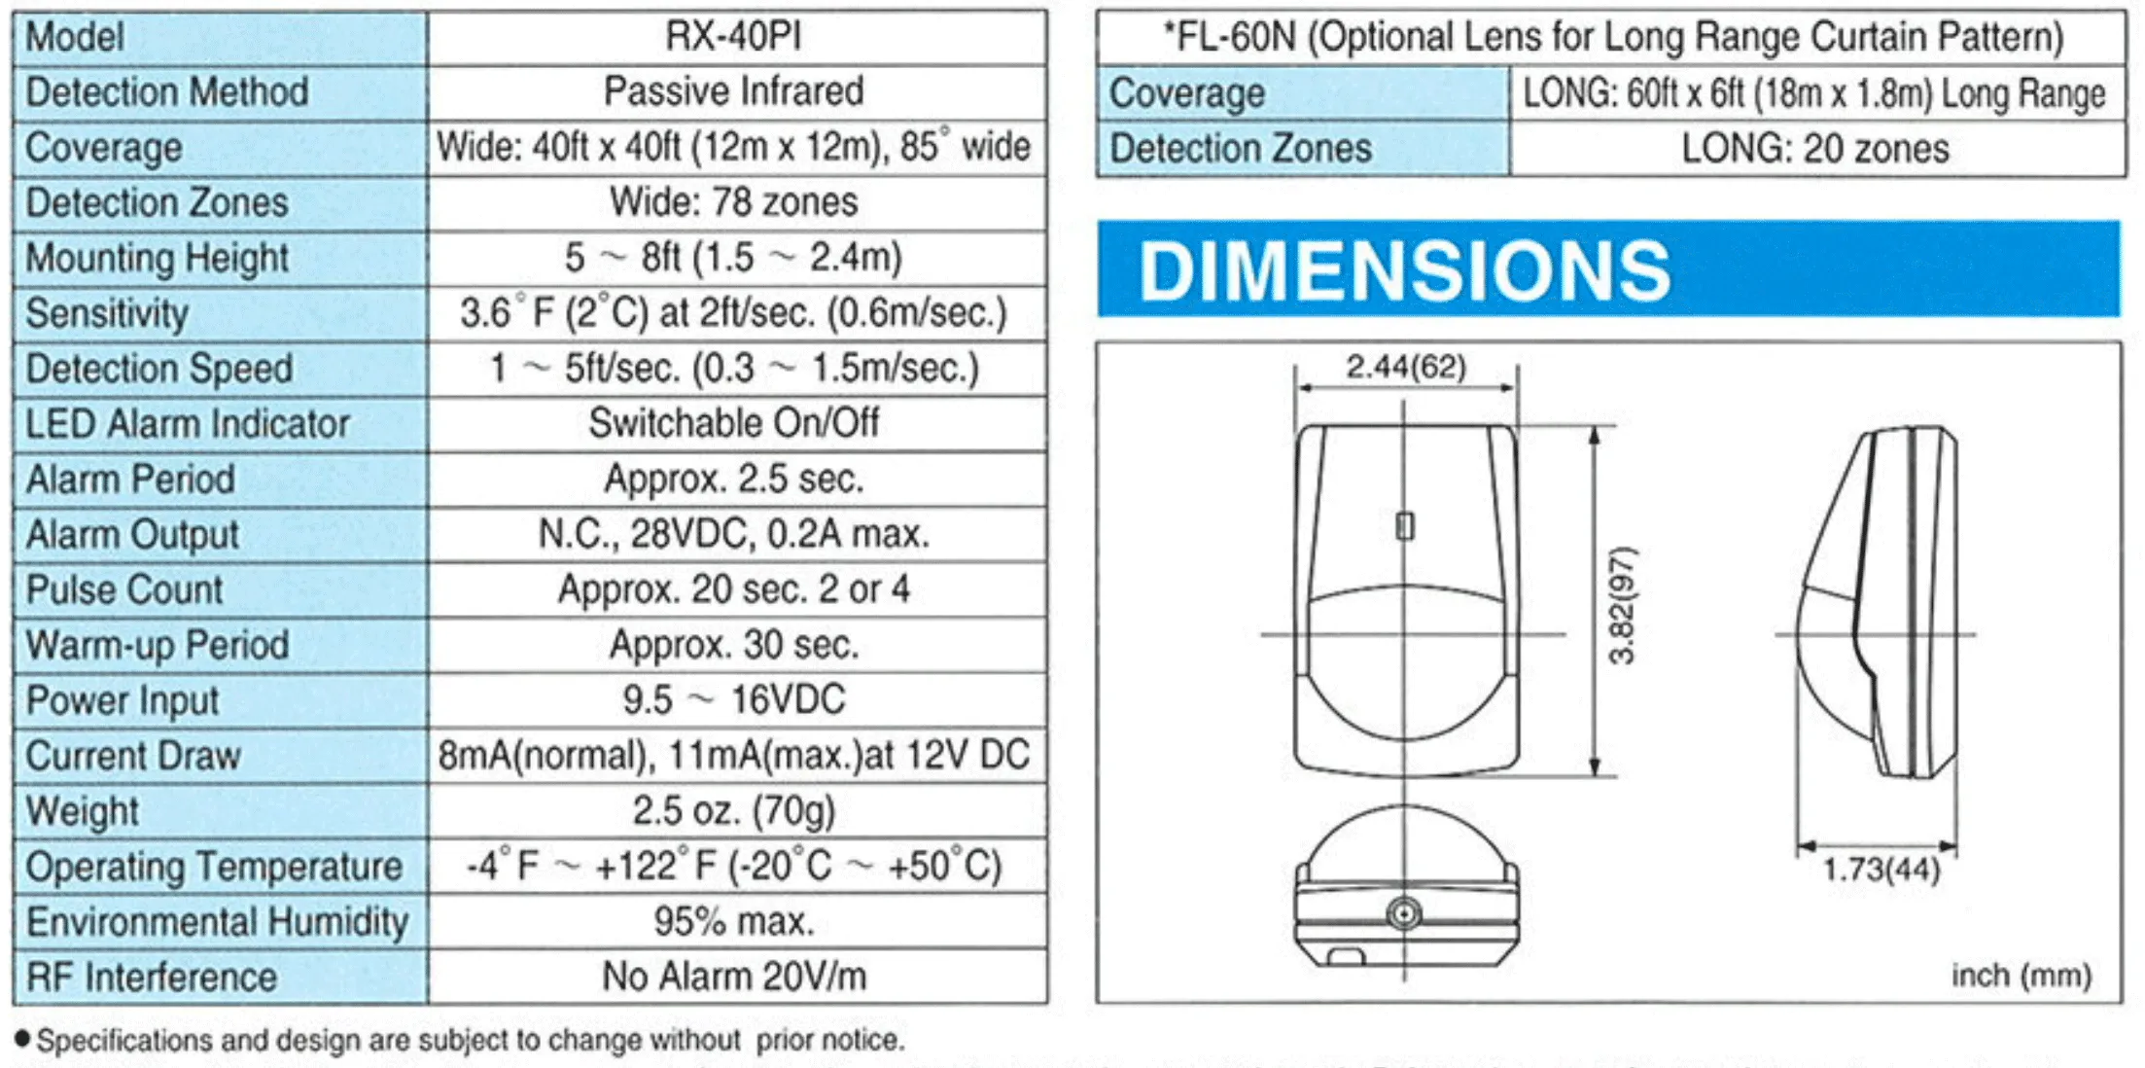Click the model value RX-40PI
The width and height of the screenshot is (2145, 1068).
(733, 37)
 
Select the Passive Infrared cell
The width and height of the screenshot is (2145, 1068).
(734, 91)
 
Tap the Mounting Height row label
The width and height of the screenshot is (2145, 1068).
(158, 259)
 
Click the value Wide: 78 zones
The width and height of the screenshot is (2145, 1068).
(734, 202)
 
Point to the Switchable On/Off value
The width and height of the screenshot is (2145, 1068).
(734, 423)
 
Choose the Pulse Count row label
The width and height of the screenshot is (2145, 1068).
(124, 590)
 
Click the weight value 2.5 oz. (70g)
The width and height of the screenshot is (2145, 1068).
(734, 810)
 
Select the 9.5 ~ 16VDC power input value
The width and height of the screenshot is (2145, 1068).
(734, 699)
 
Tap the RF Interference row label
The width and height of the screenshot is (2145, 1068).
(152, 978)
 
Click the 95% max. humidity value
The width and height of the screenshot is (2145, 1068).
(734, 921)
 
